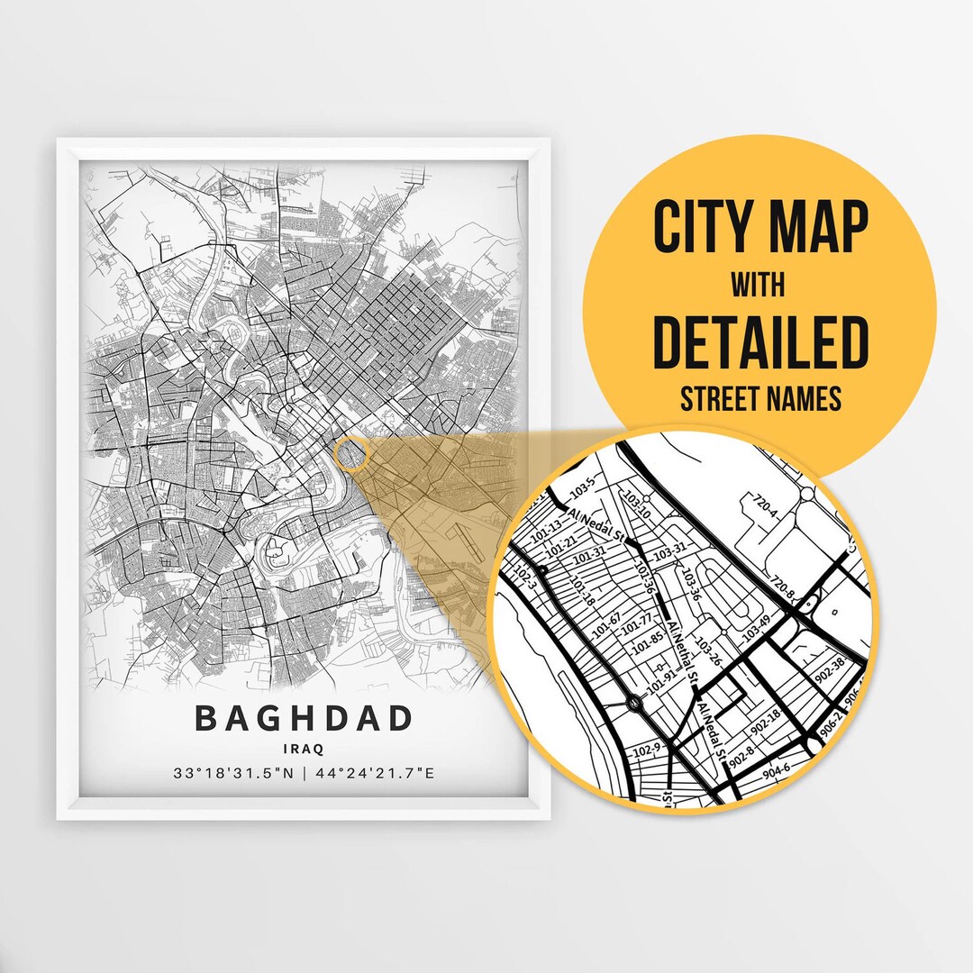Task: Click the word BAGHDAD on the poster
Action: point(304,719)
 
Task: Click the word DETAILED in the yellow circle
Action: point(760,342)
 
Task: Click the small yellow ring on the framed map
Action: point(351,453)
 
